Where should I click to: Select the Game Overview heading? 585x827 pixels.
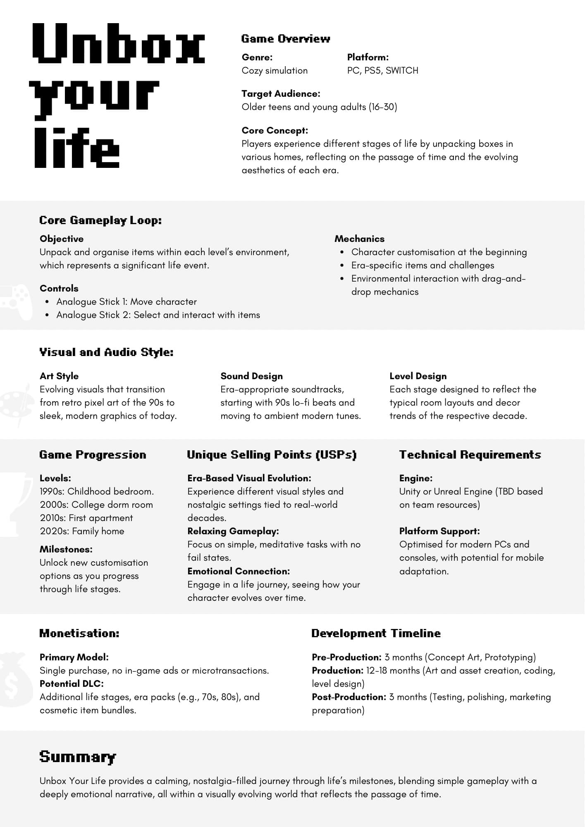(286, 39)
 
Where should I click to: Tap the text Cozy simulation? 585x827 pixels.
(275, 71)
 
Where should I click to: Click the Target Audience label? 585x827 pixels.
(281, 94)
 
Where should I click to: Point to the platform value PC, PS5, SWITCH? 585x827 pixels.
(382, 71)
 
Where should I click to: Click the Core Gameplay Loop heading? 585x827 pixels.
(100, 220)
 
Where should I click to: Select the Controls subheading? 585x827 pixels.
(59, 289)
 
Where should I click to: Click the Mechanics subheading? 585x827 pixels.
(359, 239)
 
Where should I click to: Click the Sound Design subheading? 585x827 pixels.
(251, 376)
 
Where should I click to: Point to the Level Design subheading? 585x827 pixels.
(418, 376)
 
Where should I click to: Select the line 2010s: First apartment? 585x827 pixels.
(86, 518)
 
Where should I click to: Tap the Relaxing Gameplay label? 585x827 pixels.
(233, 531)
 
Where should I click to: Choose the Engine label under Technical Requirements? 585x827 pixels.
(415, 478)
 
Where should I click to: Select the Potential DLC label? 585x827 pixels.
(72, 684)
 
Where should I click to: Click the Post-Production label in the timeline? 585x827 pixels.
(349, 697)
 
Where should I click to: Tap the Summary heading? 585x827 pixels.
(78, 757)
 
